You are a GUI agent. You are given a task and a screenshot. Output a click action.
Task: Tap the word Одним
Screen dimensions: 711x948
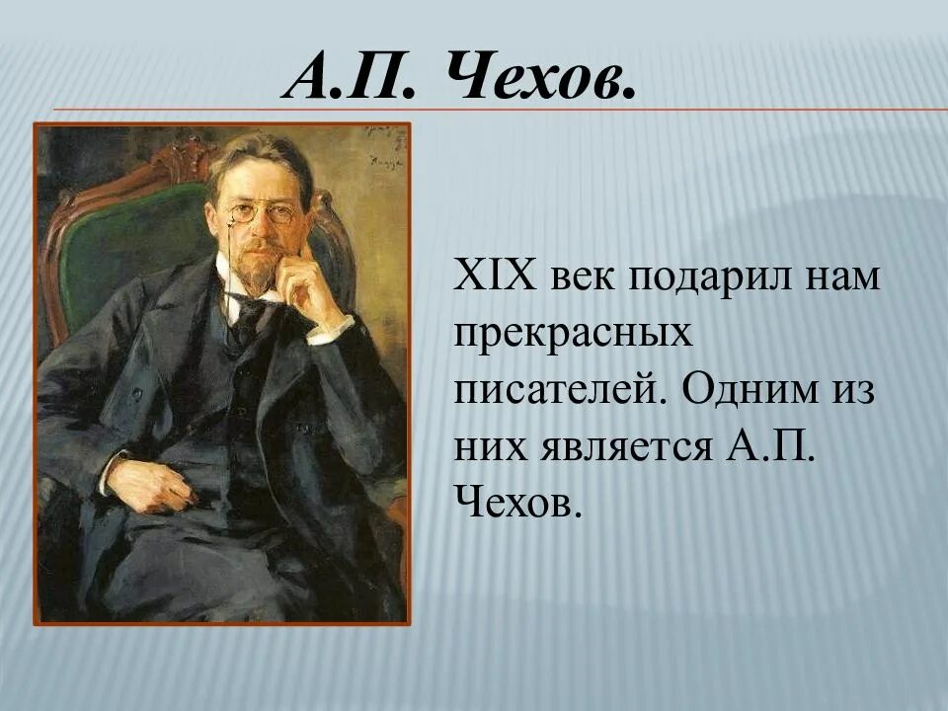click(x=745, y=390)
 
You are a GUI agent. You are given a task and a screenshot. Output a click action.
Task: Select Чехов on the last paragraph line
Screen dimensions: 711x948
click(x=513, y=504)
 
